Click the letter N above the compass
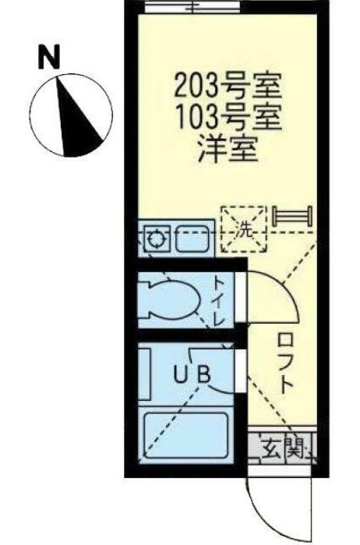(x=49, y=58)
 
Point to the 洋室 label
(x=228, y=150)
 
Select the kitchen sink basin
(x=192, y=239)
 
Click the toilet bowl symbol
(x=169, y=298)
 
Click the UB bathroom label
(x=192, y=373)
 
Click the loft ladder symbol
(x=292, y=217)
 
